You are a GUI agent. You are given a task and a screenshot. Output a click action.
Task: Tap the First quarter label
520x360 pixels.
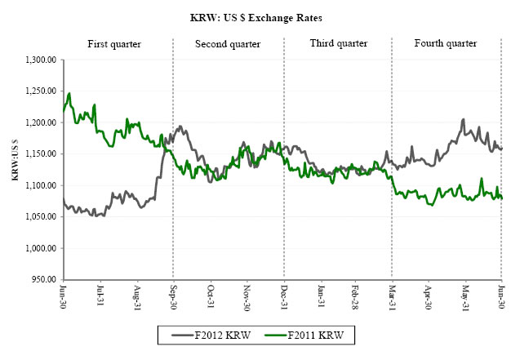(116, 43)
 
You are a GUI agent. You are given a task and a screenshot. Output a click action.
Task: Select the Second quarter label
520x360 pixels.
(227, 43)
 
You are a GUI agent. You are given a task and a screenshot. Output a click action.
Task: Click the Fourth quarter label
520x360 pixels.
(445, 43)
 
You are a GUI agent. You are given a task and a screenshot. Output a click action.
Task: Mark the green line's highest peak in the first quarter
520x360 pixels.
(69, 93)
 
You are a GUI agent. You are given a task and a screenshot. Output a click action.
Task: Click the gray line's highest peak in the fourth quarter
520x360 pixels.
(464, 119)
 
